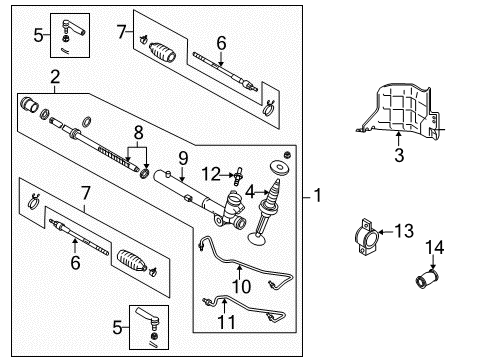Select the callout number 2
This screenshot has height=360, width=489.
pos(56,78)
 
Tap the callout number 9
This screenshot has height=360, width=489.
pos(182,157)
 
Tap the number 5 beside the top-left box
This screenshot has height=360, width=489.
pos(38,36)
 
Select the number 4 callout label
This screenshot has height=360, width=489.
pos(248,191)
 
